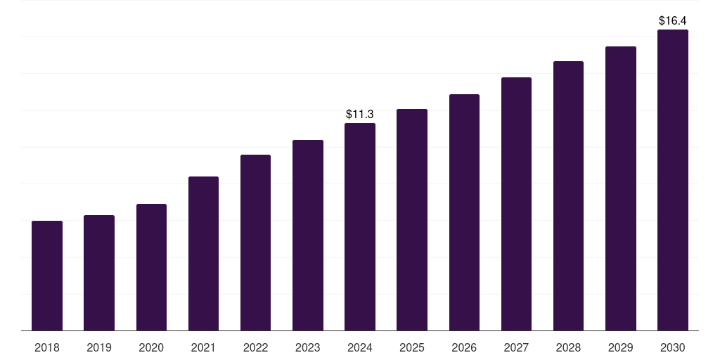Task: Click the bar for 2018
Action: (x=47, y=276)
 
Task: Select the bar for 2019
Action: (x=99, y=273)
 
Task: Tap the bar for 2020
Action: (x=151, y=267)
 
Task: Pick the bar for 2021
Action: (x=203, y=253)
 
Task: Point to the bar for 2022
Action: (x=255, y=243)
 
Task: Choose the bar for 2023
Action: (x=308, y=235)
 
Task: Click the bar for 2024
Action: (x=360, y=226)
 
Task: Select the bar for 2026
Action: (x=464, y=212)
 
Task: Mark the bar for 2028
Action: (x=568, y=195)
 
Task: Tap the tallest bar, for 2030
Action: (x=673, y=180)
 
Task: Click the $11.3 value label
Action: (x=360, y=114)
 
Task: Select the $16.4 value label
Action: (x=673, y=21)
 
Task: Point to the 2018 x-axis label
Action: (x=47, y=347)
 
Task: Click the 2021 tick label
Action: (x=203, y=347)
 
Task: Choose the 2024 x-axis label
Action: (x=360, y=347)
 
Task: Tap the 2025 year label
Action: (x=412, y=347)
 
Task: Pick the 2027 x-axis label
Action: (x=516, y=347)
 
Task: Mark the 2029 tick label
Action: (x=620, y=347)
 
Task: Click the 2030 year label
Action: (x=673, y=347)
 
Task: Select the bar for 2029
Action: (x=620, y=188)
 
